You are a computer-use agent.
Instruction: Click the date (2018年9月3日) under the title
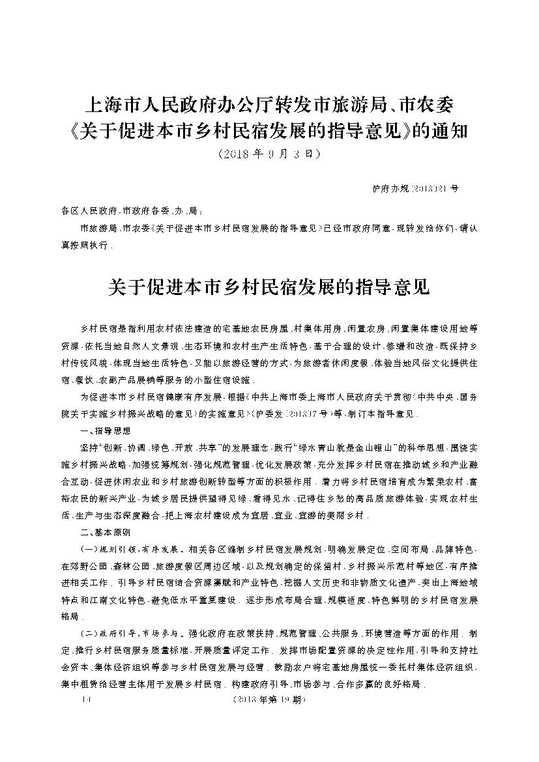click(269, 155)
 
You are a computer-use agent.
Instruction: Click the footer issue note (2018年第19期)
click(269, 701)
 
